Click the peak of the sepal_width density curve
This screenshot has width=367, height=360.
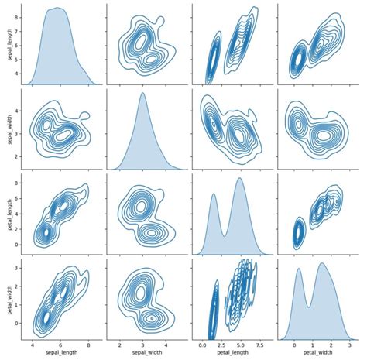[x=142, y=94]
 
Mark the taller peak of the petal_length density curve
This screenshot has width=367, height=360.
[x=240, y=179]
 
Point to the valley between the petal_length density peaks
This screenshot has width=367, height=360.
[x=224, y=233]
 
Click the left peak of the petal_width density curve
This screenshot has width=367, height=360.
[x=298, y=269]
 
